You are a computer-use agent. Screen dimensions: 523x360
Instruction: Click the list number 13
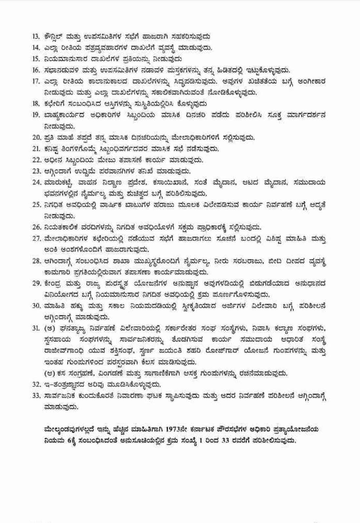tap(36, 36)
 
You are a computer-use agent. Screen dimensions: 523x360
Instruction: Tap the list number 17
tap(36, 81)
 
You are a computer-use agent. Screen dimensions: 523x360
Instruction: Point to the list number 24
tap(36, 182)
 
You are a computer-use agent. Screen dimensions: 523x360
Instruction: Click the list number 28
tap(36, 261)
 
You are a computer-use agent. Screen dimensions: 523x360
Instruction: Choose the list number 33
tap(36, 396)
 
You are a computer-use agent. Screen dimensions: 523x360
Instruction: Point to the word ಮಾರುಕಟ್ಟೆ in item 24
tap(57, 182)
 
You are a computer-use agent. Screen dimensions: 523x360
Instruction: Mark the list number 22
tap(36, 160)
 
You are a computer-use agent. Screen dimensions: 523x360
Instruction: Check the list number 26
tap(36, 227)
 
